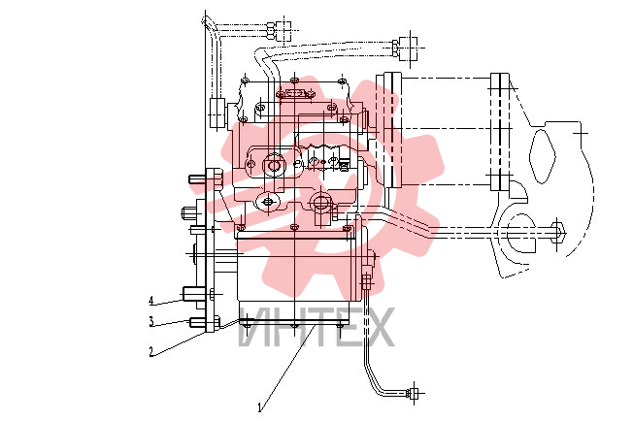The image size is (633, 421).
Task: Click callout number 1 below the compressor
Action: coord(260,407)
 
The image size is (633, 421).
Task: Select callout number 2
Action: coord(151,351)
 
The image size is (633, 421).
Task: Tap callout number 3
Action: coord(151,322)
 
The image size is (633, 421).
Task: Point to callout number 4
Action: coord(151,301)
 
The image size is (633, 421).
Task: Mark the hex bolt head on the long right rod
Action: coord(557,233)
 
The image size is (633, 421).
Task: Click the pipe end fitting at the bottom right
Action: coord(414,393)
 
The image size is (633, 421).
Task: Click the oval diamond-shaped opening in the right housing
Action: coord(542,155)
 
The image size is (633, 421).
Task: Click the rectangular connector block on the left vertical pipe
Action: coord(217,113)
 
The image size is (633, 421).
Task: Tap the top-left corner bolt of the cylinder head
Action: coord(245,80)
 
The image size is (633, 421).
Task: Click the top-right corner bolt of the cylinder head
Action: coord(343,81)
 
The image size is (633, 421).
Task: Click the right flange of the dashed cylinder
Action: coord(500,132)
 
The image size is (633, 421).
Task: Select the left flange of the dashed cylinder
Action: coord(391,130)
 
